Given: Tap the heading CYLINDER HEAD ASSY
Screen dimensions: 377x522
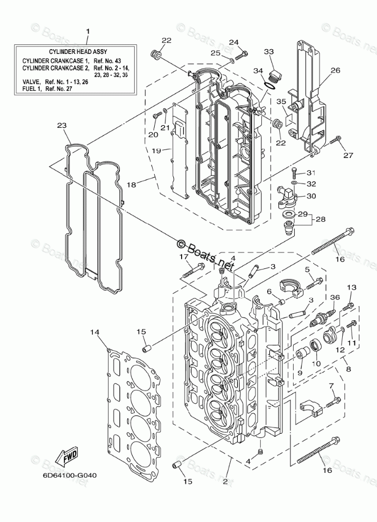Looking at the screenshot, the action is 78,52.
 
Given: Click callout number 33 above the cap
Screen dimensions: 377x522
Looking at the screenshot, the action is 269,52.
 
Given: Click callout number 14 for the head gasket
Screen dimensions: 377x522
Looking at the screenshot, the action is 95,332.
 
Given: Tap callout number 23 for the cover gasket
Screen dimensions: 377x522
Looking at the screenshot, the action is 62,126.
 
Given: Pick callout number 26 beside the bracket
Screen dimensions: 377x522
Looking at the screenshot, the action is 335,70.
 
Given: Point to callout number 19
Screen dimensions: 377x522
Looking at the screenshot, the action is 157,151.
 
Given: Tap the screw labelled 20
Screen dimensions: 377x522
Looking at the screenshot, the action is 156,116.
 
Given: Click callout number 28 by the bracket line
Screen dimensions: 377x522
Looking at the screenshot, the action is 321,219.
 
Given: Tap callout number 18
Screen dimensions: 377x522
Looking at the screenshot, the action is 131,184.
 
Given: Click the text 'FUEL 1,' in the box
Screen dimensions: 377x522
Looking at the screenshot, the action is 32,89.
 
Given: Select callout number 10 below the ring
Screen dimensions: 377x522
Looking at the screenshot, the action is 316,363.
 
